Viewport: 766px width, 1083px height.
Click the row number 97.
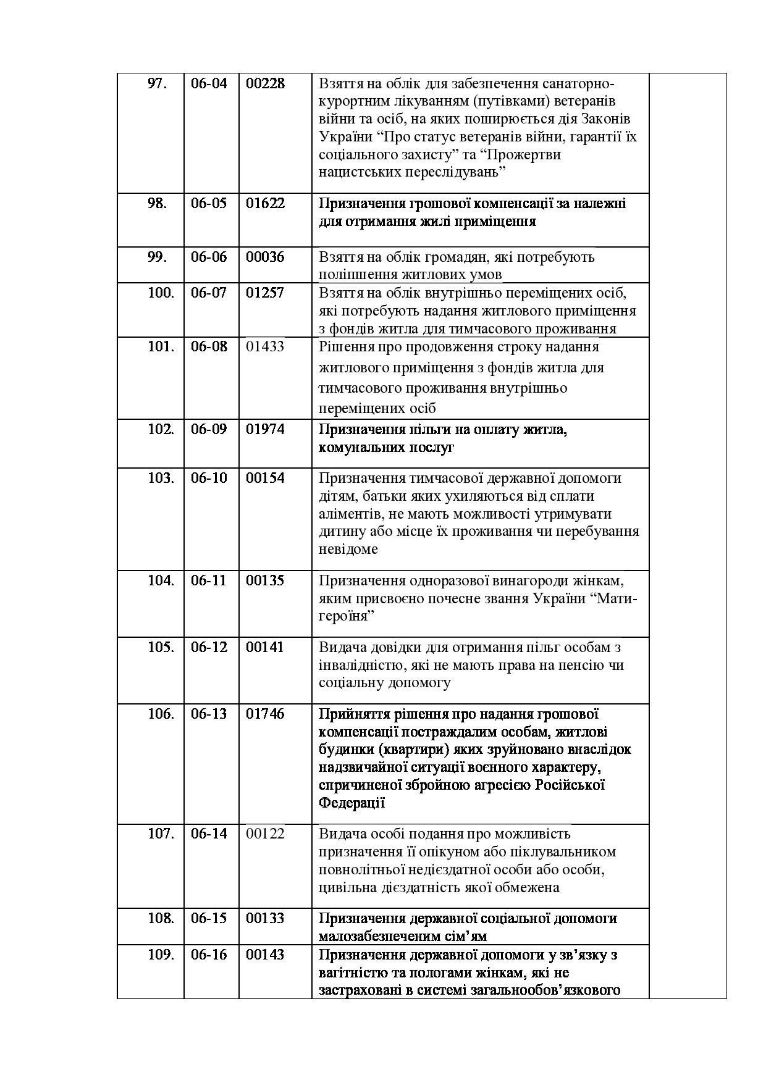pos(157,83)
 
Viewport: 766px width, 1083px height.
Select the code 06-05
pos(209,203)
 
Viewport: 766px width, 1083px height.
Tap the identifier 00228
pos(265,83)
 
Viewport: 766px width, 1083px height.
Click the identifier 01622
pos(265,203)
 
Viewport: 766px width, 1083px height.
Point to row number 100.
pos(161,293)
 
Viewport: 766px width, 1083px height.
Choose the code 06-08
pos(209,346)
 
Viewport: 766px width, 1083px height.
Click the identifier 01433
pos(265,346)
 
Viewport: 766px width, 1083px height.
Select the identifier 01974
pos(265,429)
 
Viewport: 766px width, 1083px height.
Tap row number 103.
pos(161,478)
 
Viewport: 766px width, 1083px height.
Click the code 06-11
pos(209,580)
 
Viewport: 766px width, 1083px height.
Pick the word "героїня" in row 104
pos(347,616)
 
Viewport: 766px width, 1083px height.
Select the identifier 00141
pos(265,647)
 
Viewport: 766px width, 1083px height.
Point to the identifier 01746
pos(265,714)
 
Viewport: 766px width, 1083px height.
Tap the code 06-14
pos(209,834)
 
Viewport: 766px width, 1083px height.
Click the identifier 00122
pos(265,834)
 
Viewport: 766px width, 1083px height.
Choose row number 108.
pos(161,918)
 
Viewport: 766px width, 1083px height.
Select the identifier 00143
pos(265,955)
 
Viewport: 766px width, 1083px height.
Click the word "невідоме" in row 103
pos(348,549)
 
